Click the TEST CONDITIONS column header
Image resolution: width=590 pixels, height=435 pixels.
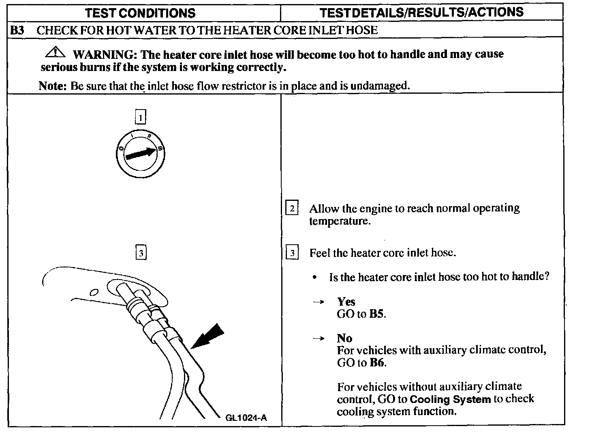(141, 13)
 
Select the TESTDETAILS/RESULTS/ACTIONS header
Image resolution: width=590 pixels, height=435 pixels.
(421, 13)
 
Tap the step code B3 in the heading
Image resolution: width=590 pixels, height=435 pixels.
(17, 30)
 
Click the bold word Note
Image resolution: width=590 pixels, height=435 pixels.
(52, 86)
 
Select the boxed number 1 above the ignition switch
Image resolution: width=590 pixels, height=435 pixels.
(140, 118)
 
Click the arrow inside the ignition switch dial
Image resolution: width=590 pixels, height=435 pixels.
(141, 154)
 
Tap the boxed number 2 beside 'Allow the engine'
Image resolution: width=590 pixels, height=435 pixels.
(292, 209)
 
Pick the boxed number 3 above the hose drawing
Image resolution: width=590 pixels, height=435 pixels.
(140, 253)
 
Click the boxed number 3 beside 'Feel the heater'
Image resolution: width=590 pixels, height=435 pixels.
(292, 253)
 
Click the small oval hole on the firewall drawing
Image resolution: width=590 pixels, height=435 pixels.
(94, 292)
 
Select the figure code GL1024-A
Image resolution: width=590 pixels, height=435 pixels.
(246, 418)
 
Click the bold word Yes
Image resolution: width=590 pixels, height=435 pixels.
(346, 301)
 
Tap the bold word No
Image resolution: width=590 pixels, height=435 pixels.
(344, 338)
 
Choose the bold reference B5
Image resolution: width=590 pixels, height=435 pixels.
(377, 314)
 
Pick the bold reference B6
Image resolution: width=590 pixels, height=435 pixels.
(377, 362)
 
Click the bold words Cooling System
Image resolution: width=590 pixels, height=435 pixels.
(450, 399)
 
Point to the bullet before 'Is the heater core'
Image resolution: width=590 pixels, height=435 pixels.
(314, 278)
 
